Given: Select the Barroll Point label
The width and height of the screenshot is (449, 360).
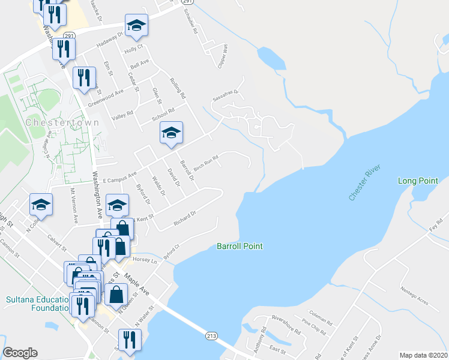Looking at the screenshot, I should (240, 246).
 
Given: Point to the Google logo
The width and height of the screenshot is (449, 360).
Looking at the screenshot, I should (20, 353).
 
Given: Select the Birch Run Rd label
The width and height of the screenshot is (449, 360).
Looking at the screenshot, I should (205, 163).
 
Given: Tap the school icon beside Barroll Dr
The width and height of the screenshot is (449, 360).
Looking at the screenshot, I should (171, 133).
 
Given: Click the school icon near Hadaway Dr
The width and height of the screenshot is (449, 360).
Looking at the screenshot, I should (136, 25).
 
